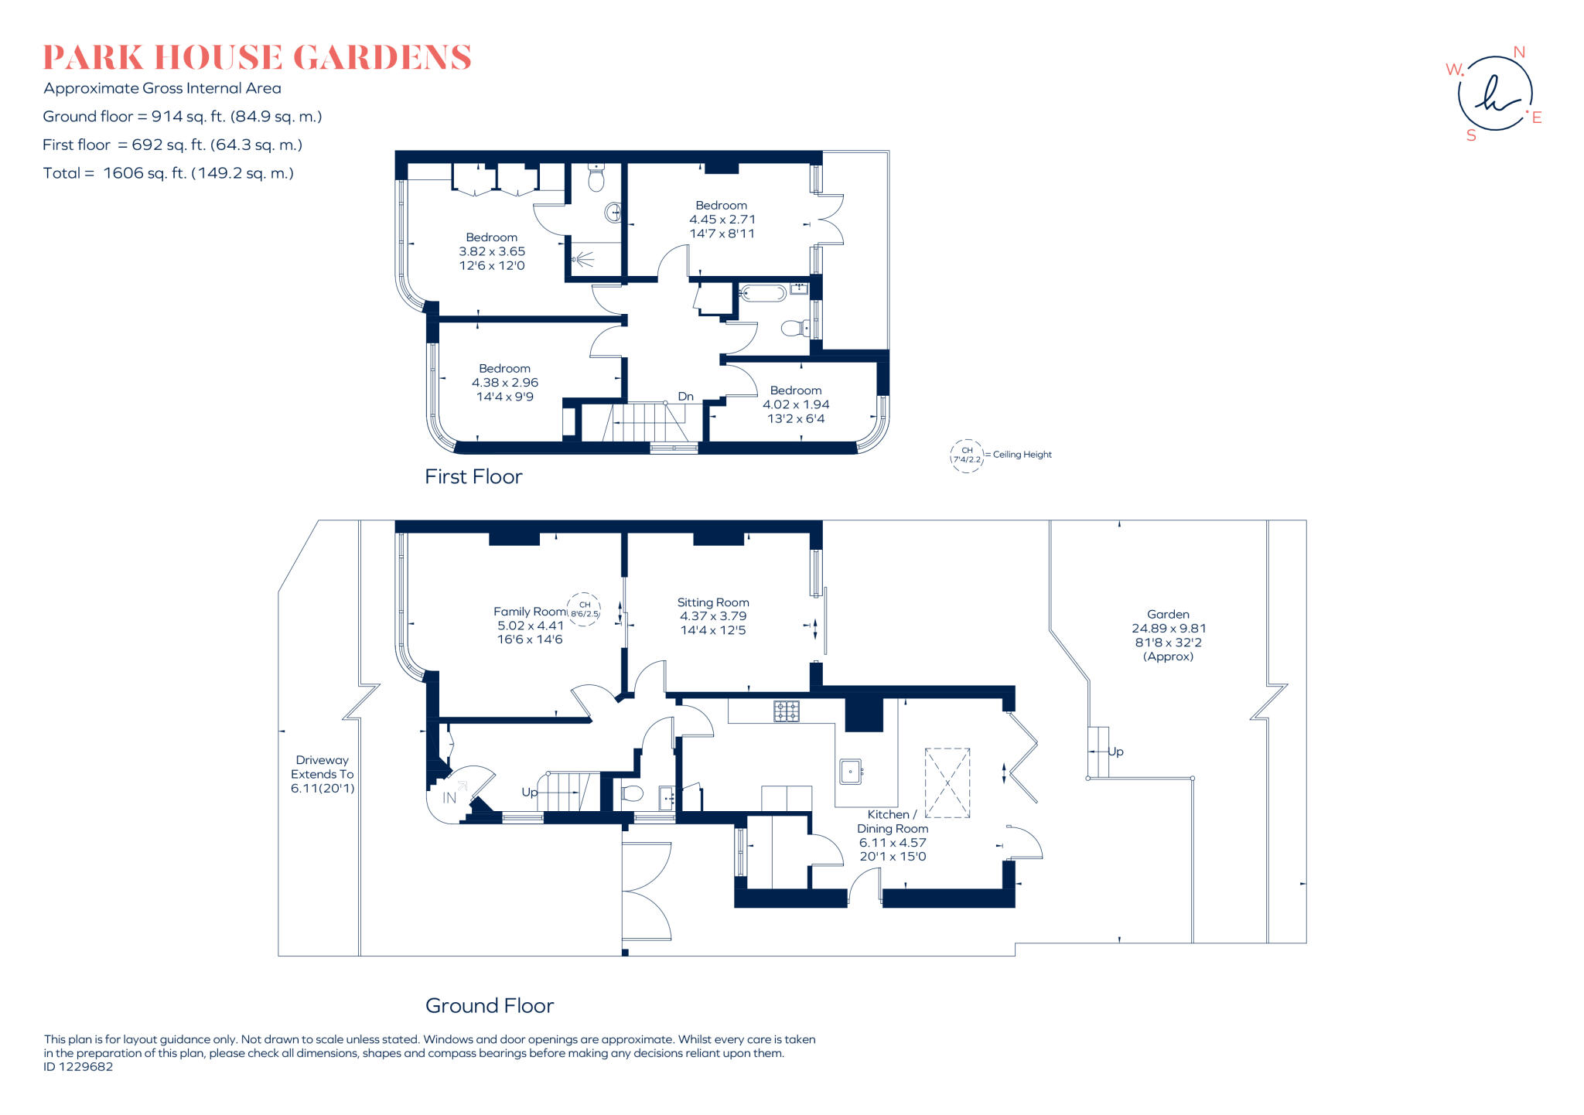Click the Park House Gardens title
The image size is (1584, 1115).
coord(257,58)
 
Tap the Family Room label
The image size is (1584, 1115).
coord(530,612)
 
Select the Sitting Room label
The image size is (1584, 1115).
coord(712,602)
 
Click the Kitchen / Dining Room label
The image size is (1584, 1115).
coord(892,821)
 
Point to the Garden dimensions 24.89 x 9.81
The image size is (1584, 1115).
coord(1168,629)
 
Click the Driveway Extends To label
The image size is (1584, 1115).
coord(322,767)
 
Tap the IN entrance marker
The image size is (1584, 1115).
coord(449,798)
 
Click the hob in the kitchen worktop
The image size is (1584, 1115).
coord(787,711)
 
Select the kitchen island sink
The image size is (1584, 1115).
coord(850,771)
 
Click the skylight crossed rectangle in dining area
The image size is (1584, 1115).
coord(947,783)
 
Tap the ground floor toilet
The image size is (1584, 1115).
coord(631,793)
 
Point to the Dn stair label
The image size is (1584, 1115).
coord(685,397)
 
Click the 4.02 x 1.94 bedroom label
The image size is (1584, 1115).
coord(796,404)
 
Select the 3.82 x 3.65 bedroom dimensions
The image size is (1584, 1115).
coord(492,251)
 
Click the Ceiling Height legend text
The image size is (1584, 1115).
coord(1022,455)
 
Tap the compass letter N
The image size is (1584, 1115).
coord(1519,53)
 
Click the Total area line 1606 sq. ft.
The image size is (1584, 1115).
coord(169,173)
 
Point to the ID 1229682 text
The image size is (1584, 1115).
coord(78,1067)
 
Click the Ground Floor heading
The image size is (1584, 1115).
coord(490,1006)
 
